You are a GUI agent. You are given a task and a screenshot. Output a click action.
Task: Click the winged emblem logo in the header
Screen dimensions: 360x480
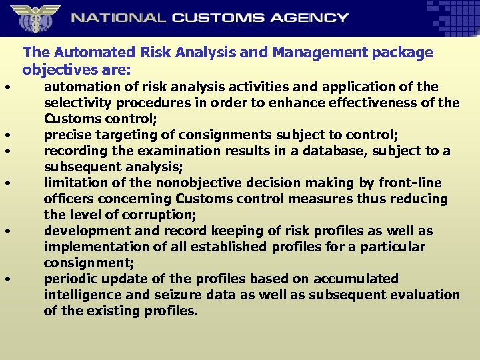click(x=35, y=18)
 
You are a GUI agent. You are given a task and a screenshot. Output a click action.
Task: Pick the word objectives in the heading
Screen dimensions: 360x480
click(x=56, y=69)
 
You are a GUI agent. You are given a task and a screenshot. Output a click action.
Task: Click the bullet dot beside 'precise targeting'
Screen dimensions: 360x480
click(x=5, y=135)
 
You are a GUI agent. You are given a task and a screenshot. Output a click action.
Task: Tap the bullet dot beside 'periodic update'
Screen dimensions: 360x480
click(x=5, y=279)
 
